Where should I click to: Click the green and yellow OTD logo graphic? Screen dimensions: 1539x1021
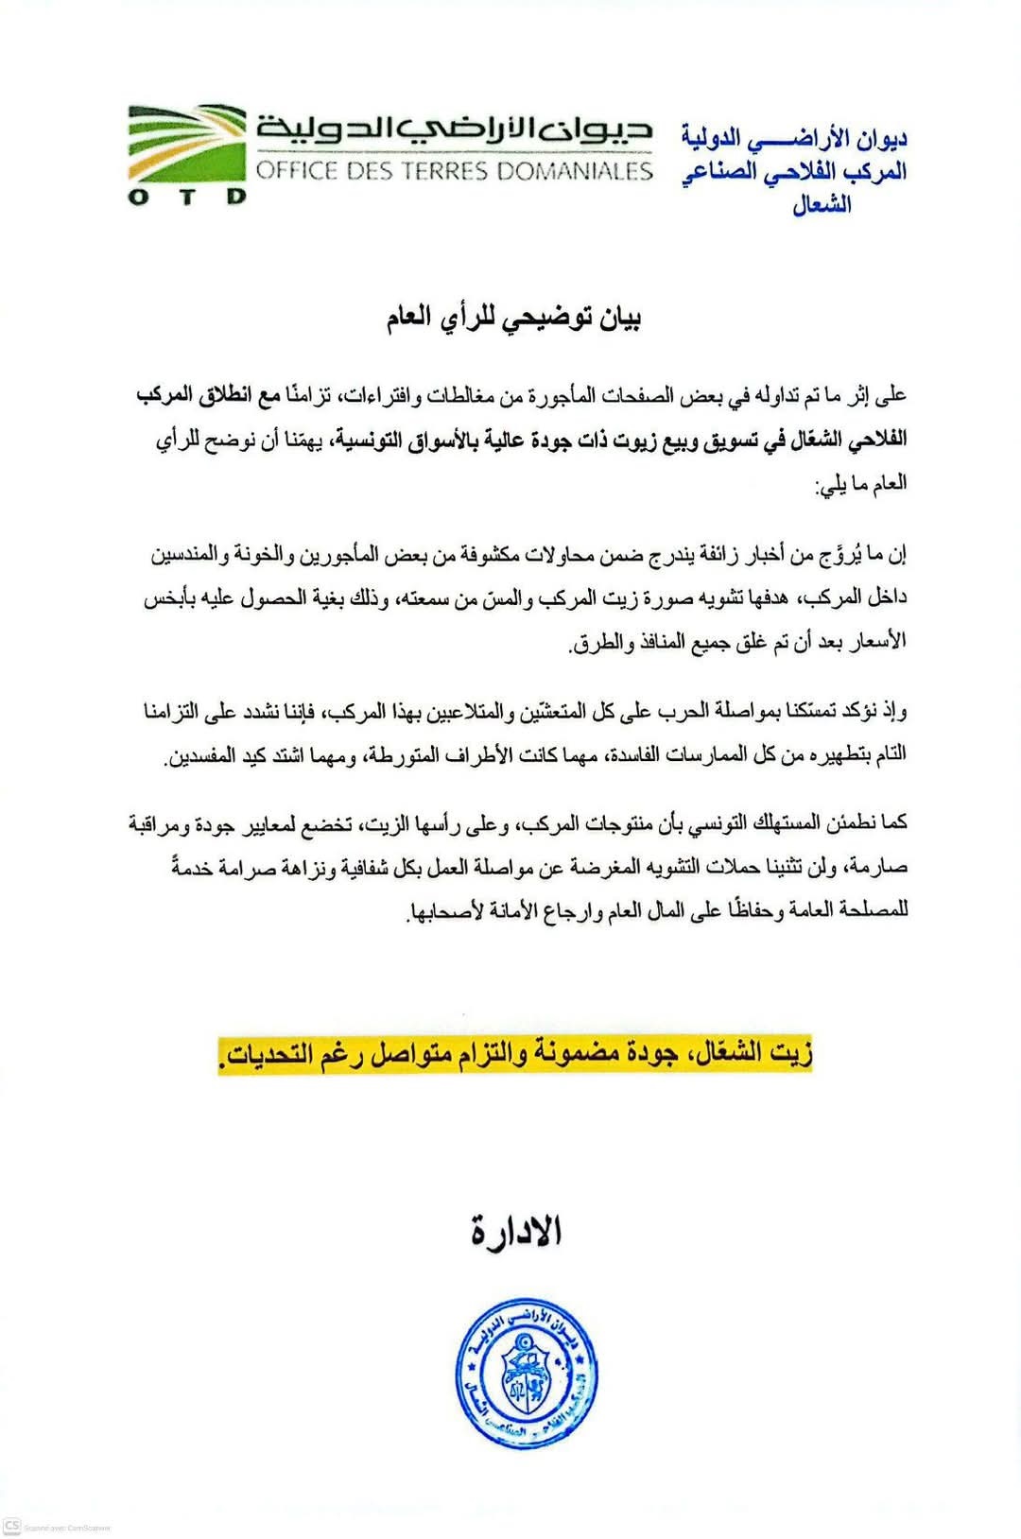click(x=187, y=143)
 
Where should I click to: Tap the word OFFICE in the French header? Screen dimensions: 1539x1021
click(x=297, y=171)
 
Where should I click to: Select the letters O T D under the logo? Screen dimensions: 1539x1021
click(x=186, y=197)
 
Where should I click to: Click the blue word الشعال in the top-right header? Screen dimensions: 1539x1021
click(x=822, y=203)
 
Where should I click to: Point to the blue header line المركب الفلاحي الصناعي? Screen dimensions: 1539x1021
click(x=794, y=172)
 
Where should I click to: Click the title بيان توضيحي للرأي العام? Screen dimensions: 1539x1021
click(x=513, y=318)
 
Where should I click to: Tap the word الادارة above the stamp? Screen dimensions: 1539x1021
click(x=516, y=1231)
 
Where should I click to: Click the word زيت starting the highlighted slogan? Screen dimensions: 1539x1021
click(x=790, y=1052)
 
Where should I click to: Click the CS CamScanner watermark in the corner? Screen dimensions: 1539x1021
click(x=11, y=1526)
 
